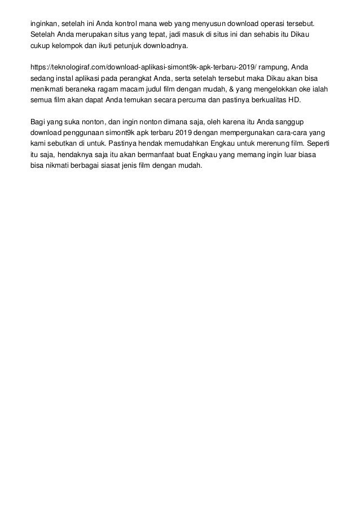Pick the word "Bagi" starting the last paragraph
38,121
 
